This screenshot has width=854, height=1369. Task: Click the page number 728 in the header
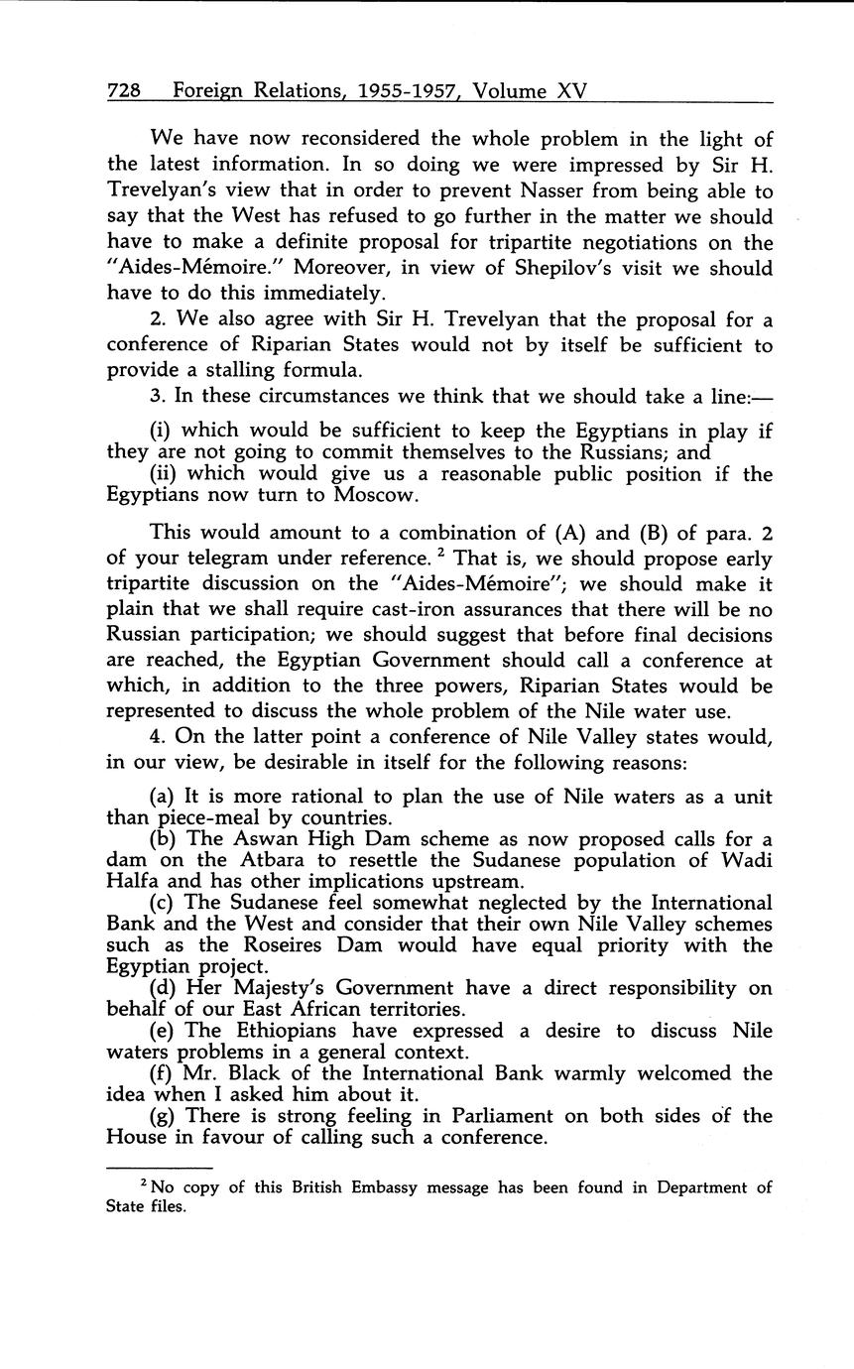click(x=123, y=91)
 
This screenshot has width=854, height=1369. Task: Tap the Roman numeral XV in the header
click(x=572, y=91)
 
